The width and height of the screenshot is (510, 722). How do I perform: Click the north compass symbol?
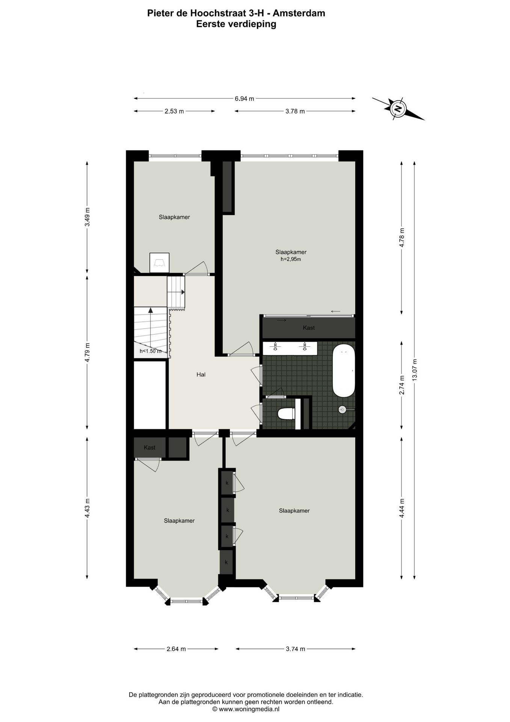pyautogui.click(x=398, y=109)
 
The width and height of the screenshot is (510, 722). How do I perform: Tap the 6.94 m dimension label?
pyautogui.click(x=244, y=99)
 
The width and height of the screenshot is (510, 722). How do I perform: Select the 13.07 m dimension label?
pyautogui.click(x=414, y=370)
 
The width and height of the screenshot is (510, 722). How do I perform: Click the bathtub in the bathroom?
pyautogui.click(x=344, y=371)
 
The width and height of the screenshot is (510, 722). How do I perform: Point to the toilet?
pyautogui.click(x=287, y=414)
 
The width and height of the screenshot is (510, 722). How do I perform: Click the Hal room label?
pyautogui.click(x=201, y=375)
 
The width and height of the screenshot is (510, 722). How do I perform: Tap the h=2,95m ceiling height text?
pyautogui.click(x=291, y=259)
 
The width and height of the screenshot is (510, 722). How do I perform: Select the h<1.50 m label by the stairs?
pyautogui.click(x=150, y=351)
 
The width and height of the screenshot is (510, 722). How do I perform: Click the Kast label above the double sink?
pyautogui.click(x=309, y=328)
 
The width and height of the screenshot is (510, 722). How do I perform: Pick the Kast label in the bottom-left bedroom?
pyautogui.click(x=149, y=447)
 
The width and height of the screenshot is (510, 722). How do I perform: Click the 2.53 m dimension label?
pyautogui.click(x=174, y=111)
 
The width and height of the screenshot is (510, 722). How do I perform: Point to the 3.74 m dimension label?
pyautogui.click(x=295, y=649)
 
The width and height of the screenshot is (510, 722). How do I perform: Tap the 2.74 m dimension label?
pyautogui.click(x=401, y=385)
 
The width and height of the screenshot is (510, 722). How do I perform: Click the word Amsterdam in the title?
pyautogui.click(x=299, y=13)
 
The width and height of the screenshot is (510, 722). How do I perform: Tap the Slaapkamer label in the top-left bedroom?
pyautogui.click(x=174, y=217)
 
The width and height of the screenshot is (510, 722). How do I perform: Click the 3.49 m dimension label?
pyautogui.click(x=87, y=217)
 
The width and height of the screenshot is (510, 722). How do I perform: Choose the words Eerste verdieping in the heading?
pyautogui.click(x=236, y=24)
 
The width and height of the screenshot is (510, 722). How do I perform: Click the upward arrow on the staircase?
pyautogui.click(x=151, y=311)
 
